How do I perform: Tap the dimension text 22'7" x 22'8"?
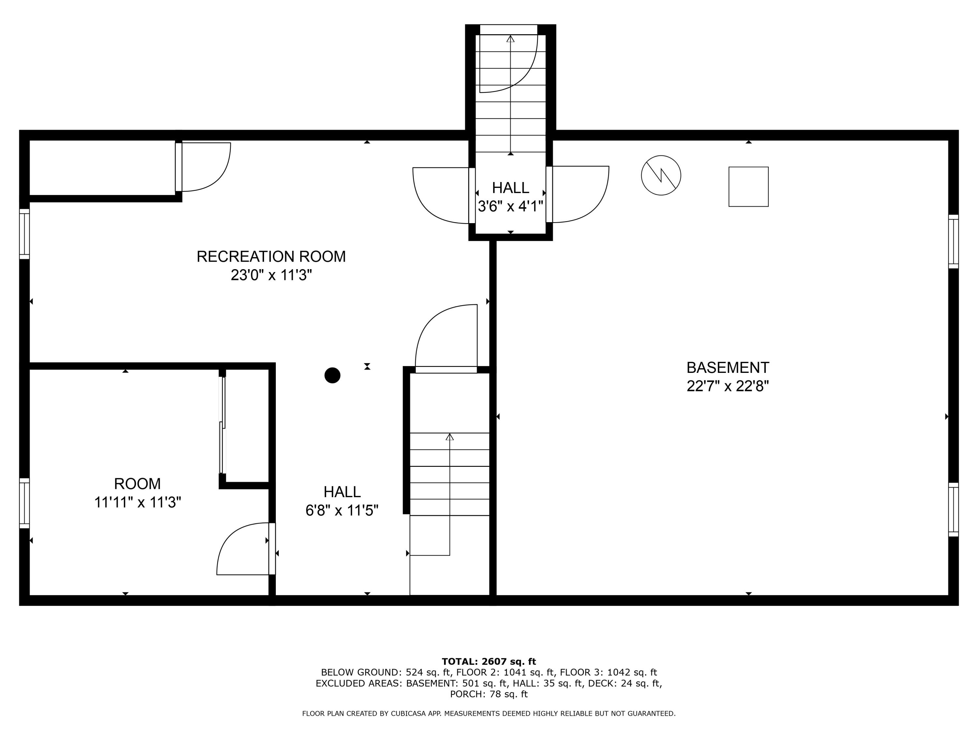pos(727,386)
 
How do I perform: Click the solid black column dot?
pos(332,375)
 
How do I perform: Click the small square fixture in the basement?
pos(748,186)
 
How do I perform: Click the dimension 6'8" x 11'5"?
pos(342,511)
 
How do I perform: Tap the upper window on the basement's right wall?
pos(953,242)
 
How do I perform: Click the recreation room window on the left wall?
pos(24,234)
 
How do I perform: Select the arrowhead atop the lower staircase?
pos(450,437)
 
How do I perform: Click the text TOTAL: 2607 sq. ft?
pos(489,662)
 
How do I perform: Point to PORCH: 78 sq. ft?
pos(489,694)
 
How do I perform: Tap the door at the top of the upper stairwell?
pos(509,60)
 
